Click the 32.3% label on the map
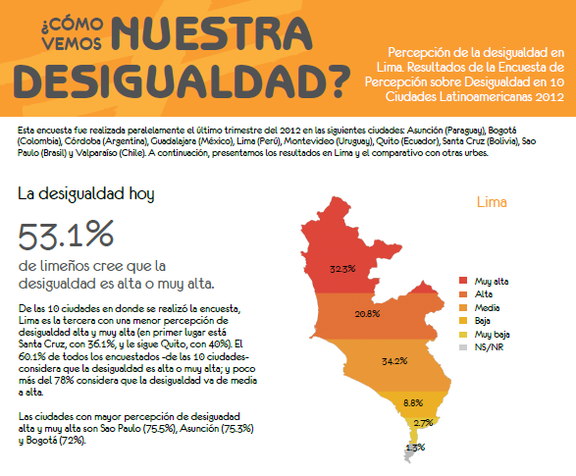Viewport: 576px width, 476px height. pyautogui.click(x=342, y=269)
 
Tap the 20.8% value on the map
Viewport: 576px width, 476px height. pyautogui.click(x=367, y=314)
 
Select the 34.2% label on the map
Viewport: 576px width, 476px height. pyautogui.click(x=394, y=361)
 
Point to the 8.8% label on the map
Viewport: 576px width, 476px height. pyautogui.click(x=413, y=403)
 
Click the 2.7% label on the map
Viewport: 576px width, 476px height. pyautogui.click(x=423, y=423)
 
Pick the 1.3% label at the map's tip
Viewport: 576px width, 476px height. pyautogui.click(x=415, y=448)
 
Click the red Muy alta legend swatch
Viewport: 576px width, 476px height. pyautogui.click(x=463, y=281)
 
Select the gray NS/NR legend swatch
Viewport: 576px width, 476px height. pyautogui.click(x=463, y=347)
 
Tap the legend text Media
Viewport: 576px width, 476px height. pyautogui.click(x=487, y=308)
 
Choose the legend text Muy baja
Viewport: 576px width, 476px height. pyautogui.click(x=492, y=335)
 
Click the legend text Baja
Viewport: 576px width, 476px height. pyautogui.click(x=483, y=321)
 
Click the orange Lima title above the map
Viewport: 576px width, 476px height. pyautogui.click(x=492, y=202)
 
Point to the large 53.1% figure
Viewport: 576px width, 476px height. pyautogui.click(x=66, y=236)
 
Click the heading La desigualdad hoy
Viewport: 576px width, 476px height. pyautogui.click(x=86, y=194)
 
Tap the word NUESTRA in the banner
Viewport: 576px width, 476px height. pyautogui.click(x=211, y=33)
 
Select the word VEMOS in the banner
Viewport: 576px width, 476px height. pyautogui.click(x=72, y=43)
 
